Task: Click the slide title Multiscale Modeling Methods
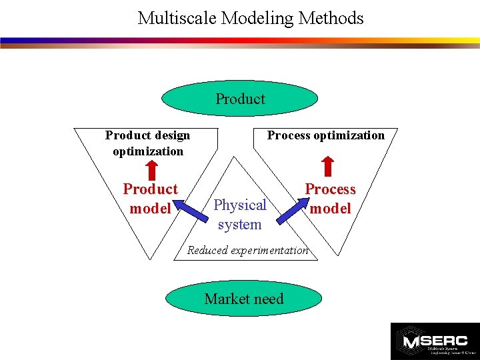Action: (251, 18)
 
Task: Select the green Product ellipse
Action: (240, 99)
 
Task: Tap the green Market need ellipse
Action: (243, 299)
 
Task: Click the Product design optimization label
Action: (147, 143)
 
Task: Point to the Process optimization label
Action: (325, 135)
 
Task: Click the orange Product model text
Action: (150, 199)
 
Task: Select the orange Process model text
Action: (330, 199)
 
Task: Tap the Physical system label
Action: (239, 214)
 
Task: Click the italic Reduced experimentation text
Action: (247, 251)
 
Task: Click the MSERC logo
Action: (434, 341)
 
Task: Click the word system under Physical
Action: (239, 225)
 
